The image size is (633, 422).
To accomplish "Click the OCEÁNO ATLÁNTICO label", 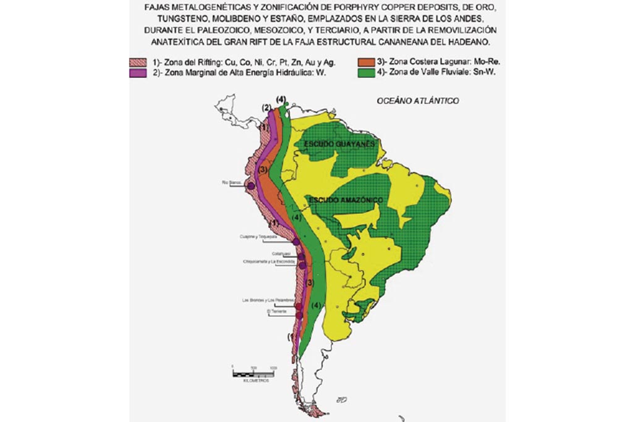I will pos(417,101).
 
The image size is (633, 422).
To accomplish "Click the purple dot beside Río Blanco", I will pos(251,186).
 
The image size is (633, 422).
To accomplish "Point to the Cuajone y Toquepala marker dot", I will pos(296,242).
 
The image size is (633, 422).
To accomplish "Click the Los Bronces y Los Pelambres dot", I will pos(299,306).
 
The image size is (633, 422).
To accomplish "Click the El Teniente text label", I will pos(276,311).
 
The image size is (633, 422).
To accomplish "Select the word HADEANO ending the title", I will pos(474,42).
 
